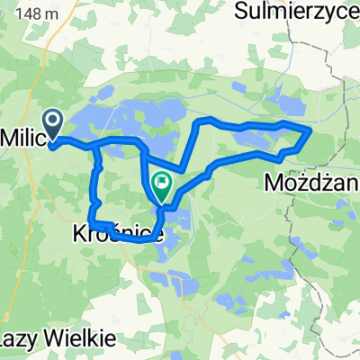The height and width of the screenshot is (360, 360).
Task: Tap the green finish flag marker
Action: (162, 186)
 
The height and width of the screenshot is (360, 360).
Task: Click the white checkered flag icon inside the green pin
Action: (162, 184)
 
